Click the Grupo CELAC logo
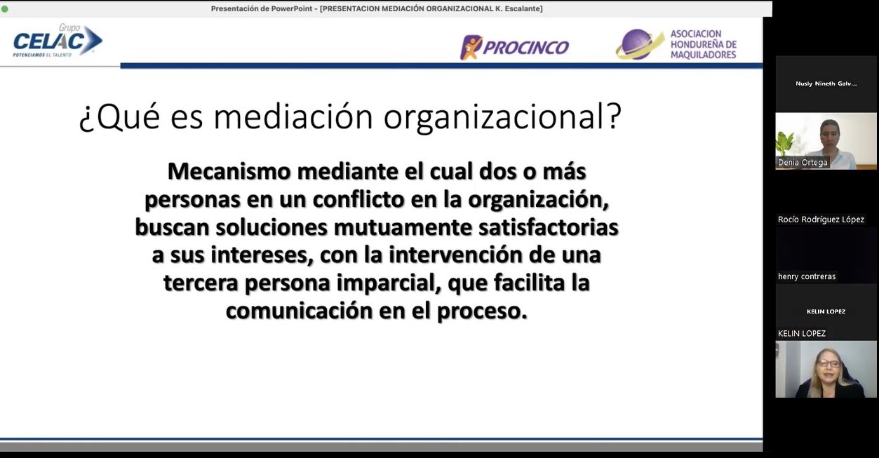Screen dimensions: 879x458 [58, 41]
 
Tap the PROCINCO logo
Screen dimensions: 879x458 [514, 48]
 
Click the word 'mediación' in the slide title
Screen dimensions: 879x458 [293, 116]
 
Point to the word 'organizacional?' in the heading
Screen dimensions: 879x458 [503, 118]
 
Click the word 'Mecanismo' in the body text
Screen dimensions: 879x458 [229, 172]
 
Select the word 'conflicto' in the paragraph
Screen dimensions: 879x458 [358, 199]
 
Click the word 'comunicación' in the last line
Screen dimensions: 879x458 [299, 311]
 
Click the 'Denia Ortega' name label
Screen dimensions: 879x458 [803, 163]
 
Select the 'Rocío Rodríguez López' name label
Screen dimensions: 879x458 [821, 220]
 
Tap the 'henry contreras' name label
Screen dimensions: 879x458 [807, 276]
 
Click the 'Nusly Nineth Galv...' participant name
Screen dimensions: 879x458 [826, 83]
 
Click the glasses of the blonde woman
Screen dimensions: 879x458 [828, 363]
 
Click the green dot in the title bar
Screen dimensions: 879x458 [4, 8]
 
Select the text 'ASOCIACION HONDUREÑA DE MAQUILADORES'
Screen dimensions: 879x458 [703, 44]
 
